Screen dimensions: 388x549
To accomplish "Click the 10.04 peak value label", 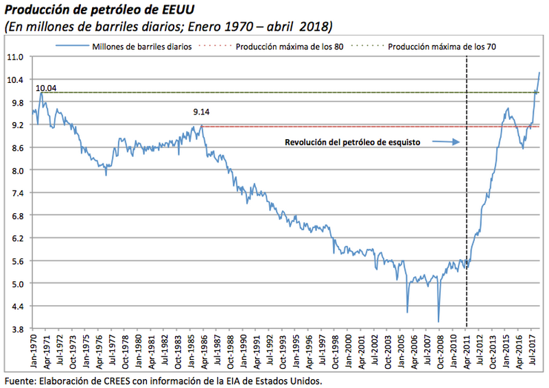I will [46, 88].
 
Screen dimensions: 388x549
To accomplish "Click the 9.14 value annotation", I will [201, 112].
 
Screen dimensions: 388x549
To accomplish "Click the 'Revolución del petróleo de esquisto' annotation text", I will [352, 143].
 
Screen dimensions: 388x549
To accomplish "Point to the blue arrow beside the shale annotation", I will [446, 143].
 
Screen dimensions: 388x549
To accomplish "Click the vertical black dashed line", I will [467, 206].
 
